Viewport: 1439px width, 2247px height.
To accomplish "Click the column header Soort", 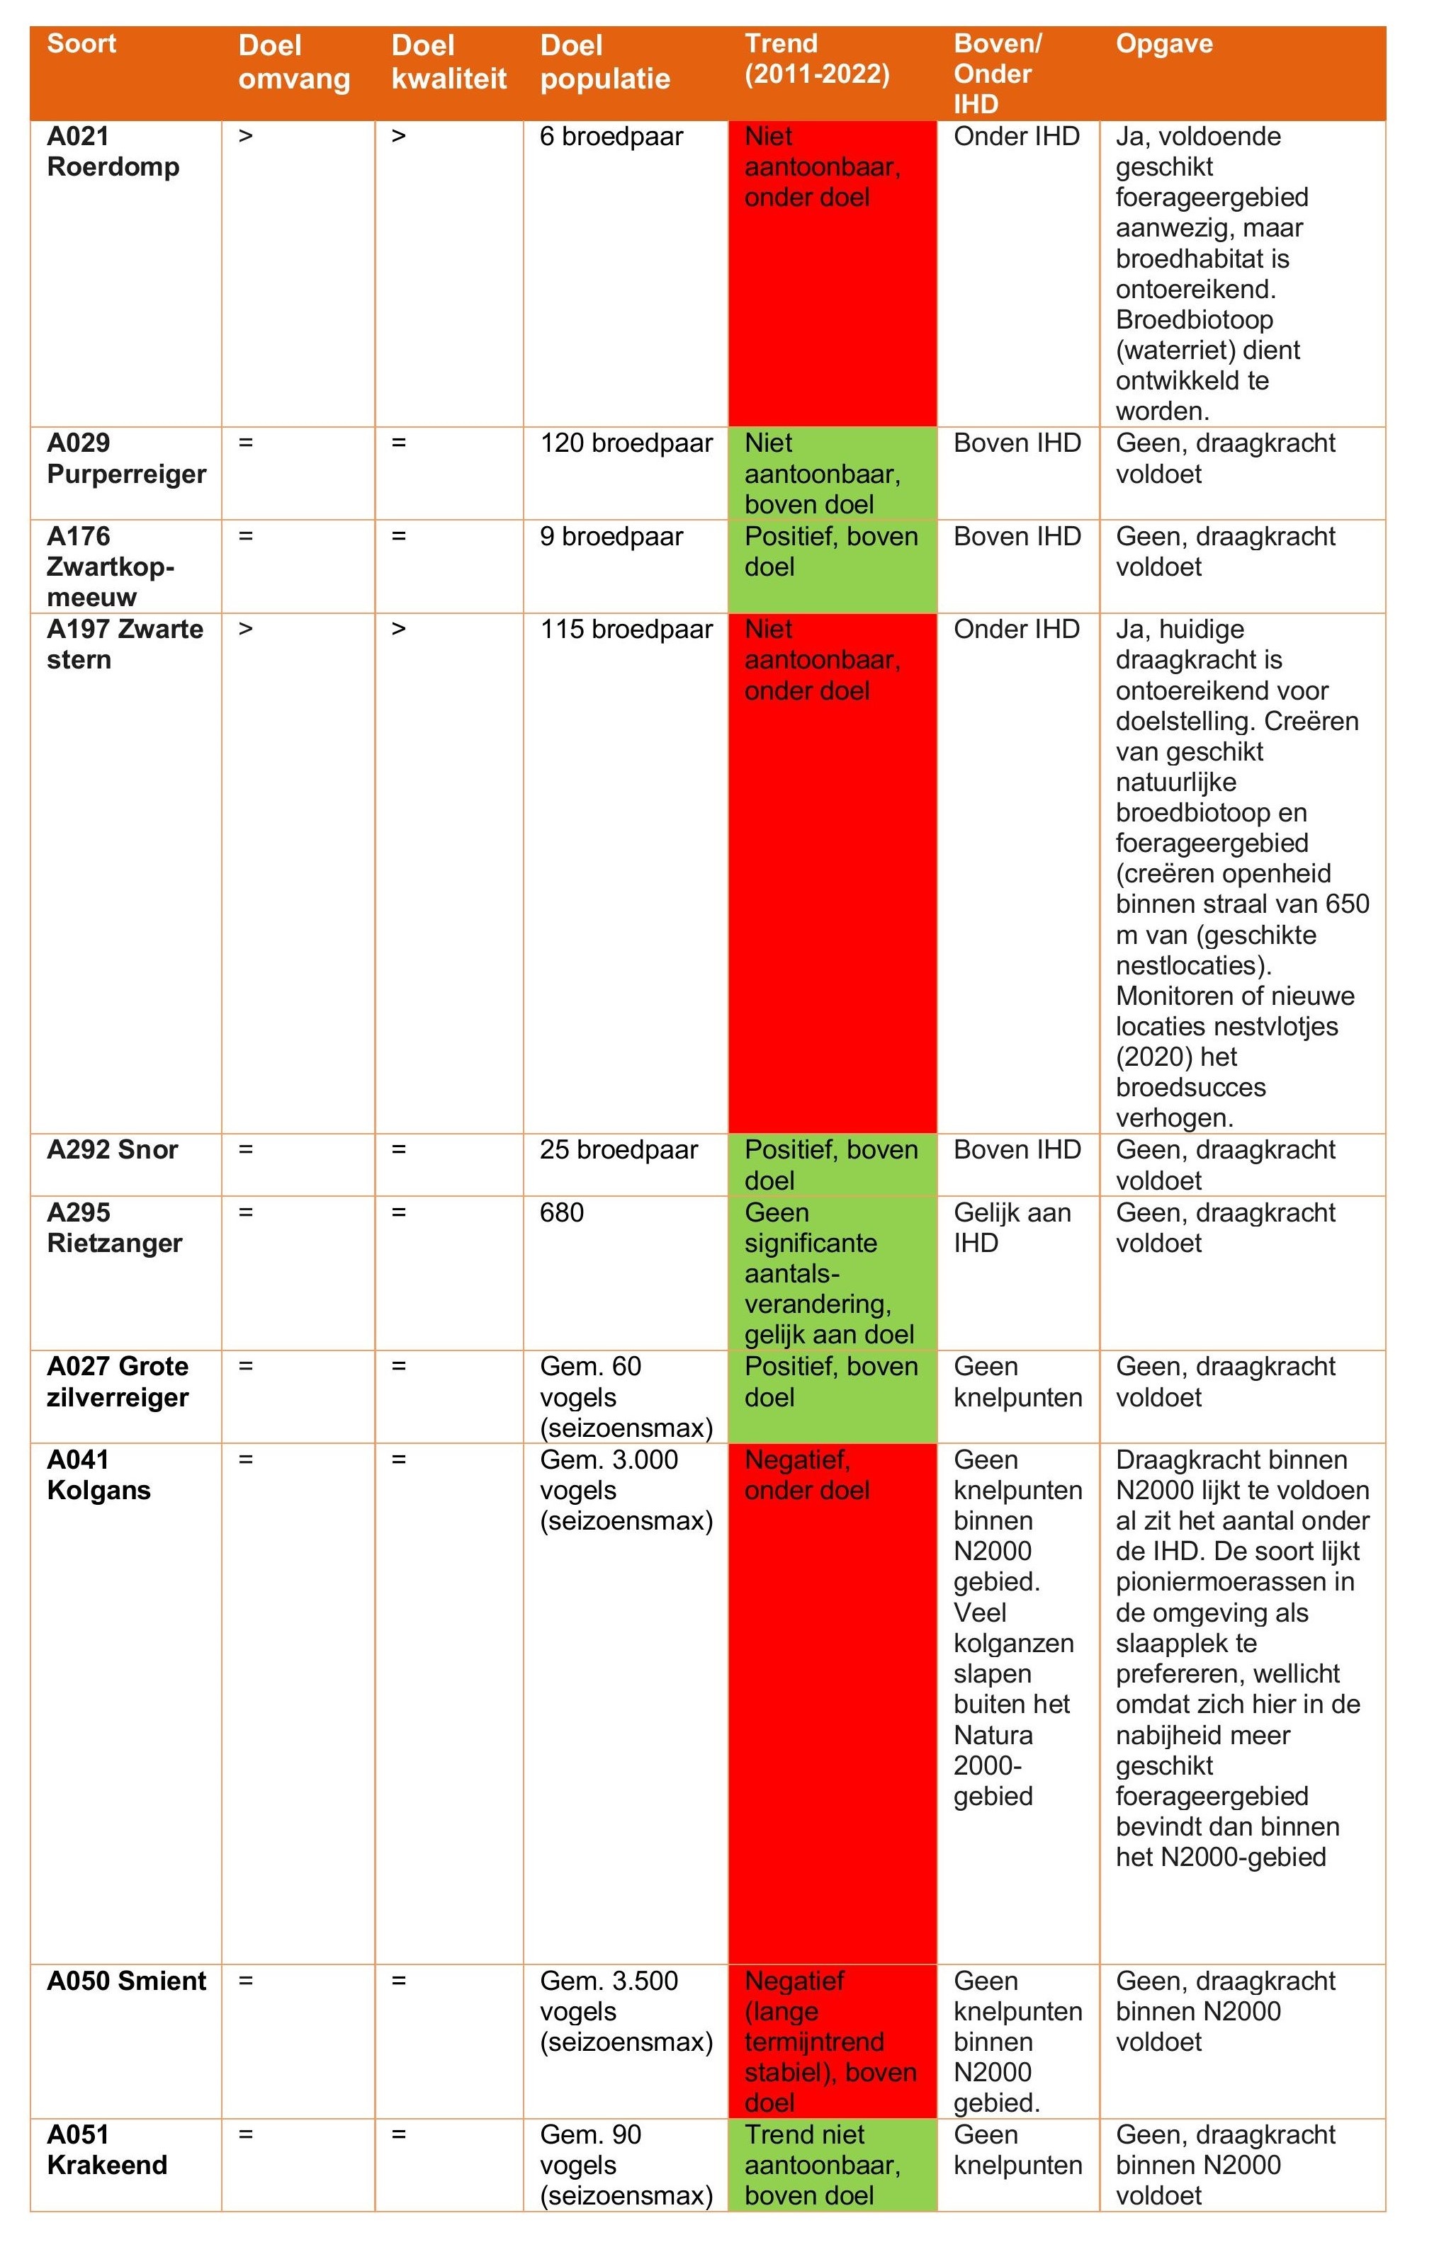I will tap(81, 44).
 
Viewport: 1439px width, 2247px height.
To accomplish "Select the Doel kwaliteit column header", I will tap(448, 62).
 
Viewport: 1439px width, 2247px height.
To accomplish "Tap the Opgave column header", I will tap(1163, 44).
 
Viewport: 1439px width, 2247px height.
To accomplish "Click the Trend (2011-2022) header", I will tap(817, 59).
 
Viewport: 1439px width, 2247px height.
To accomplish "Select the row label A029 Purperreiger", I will tap(126, 459).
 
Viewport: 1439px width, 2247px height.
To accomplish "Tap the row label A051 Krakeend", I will tap(106, 2149).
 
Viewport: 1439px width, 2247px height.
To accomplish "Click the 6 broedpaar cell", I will tap(611, 137).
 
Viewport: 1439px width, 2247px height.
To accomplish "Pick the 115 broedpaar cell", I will tap(626, 630).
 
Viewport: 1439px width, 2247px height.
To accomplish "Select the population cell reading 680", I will tap(562, 1213).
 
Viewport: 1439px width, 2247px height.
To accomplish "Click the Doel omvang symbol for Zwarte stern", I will tap(246, 630).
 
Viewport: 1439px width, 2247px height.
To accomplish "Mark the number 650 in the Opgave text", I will tap(1348, 904).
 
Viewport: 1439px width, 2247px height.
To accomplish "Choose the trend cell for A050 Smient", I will tap(830, 2042).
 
